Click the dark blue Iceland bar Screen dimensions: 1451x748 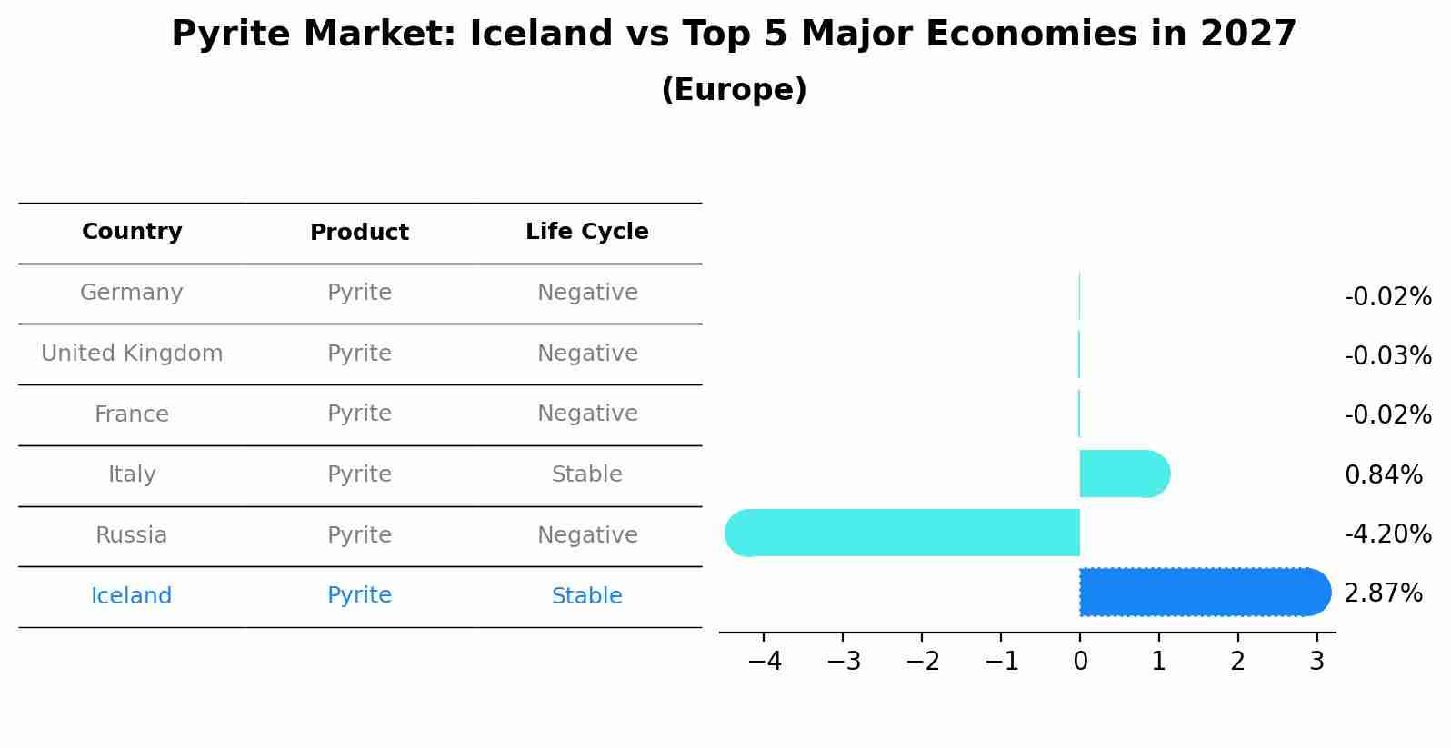[x=1205, y=592]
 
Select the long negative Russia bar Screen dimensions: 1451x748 [x=902, y=533]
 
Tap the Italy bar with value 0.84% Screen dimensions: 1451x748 [x=1125, y=474]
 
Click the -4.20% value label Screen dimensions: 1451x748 [x=1387, y=534]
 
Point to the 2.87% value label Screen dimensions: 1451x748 [x=1383, y=593]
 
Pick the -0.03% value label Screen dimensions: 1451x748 [x=1387, y=355]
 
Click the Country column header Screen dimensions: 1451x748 [x=132, y=231]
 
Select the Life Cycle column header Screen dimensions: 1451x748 [x=587, y=231]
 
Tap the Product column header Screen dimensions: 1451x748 [x=359, y=232]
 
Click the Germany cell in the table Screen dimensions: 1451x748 [x=132, y=292]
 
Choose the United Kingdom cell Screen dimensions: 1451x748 [x=132, y=353]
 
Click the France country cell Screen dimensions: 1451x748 [x=132, y=414]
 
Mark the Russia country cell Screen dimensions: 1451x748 [x=132, y=534]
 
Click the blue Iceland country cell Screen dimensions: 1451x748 [x=132, y=595]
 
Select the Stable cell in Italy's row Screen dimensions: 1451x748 [x=587, y=474]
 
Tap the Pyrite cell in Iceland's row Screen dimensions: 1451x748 [x=359, y=595]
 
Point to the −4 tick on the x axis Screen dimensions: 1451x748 [x=765, y=661]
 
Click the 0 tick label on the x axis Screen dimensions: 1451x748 [x=1080, y=661]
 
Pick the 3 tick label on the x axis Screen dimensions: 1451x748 [x=1317, y=661]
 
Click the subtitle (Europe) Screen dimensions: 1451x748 [x=734, y=89]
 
